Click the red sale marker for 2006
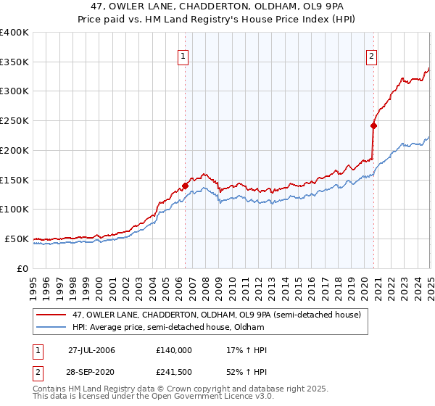coord(186,186)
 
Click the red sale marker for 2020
coord(374,125)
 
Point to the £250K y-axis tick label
coord(14,121)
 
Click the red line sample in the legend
coord(51,314)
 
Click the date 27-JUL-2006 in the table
coord(91,350)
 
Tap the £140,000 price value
coord(174,350)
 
